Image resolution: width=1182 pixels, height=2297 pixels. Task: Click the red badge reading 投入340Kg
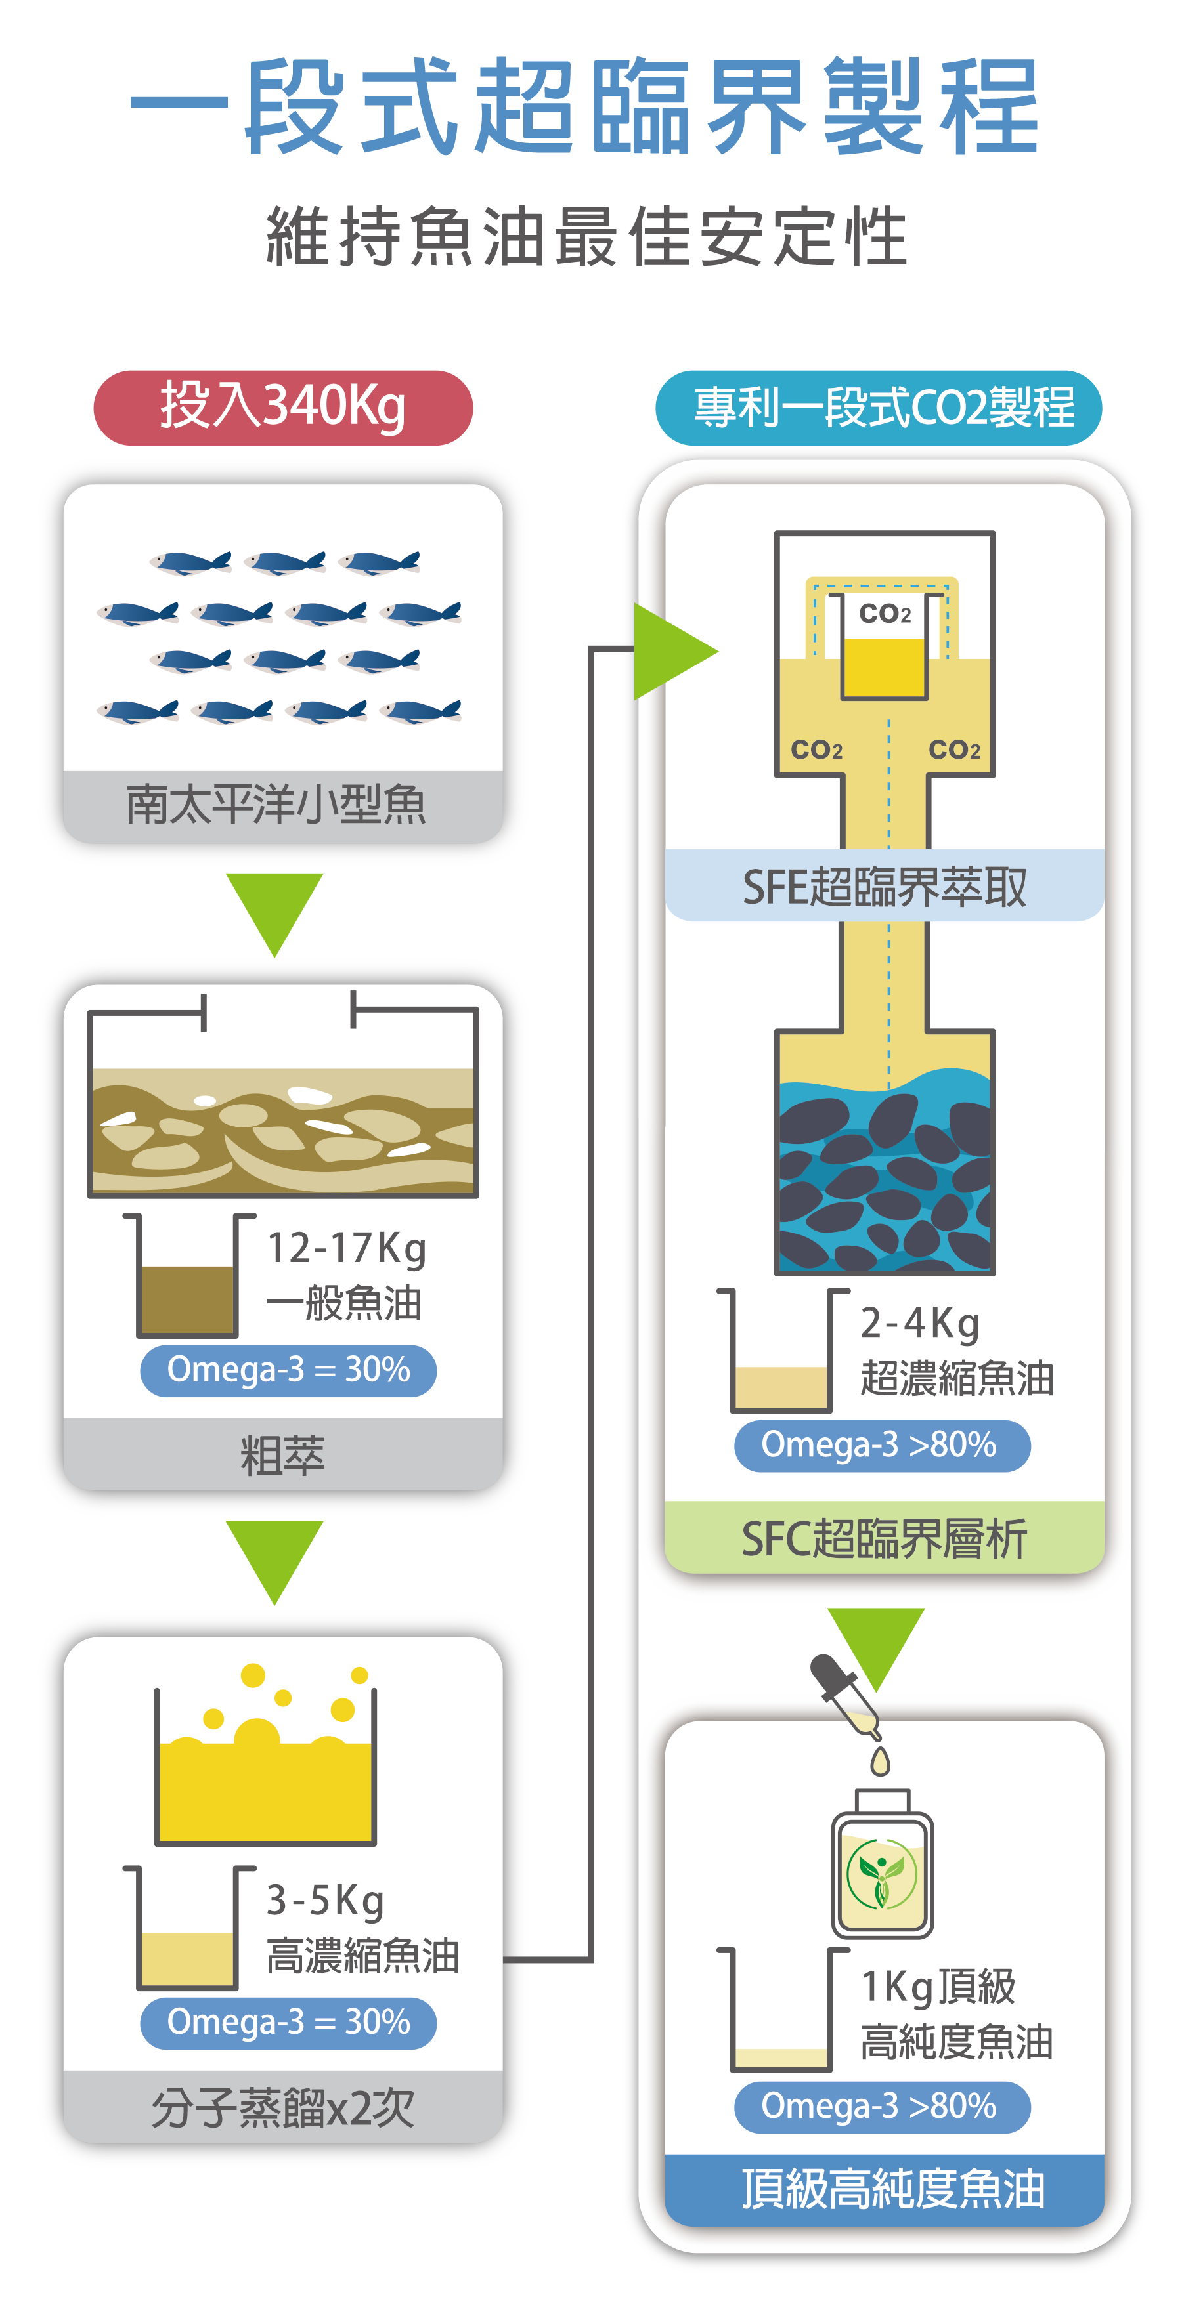click(283, 408)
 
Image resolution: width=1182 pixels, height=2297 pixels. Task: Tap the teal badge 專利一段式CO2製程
click(879, 408)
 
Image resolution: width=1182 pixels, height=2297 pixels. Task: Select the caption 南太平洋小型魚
click(276, 805)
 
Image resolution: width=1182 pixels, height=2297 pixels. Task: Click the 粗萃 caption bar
click(283, 1454)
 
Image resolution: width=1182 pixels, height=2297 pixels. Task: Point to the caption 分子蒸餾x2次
click(283, 2107)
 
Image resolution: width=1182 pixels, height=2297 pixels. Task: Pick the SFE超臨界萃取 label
click(884, 887)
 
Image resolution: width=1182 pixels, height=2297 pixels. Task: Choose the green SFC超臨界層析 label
click(884, 1538)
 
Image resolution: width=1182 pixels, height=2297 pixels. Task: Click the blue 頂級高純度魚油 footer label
click(891, 2189)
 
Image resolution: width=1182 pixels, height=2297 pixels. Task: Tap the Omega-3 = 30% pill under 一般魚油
click(288, 1370)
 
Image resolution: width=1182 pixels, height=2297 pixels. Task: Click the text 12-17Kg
click(346, 1248)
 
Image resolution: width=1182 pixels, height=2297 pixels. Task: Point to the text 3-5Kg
click(326, 1900)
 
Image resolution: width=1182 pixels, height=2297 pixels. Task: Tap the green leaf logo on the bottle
click(881, 1875)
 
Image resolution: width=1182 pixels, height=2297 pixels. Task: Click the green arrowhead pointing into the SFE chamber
click(671, 651)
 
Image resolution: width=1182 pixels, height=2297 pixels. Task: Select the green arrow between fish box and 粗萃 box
click(274, 910)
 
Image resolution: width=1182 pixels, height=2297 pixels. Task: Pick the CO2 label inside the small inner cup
click(884, 614)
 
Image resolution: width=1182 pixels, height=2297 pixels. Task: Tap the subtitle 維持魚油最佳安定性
click(587, 237)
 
